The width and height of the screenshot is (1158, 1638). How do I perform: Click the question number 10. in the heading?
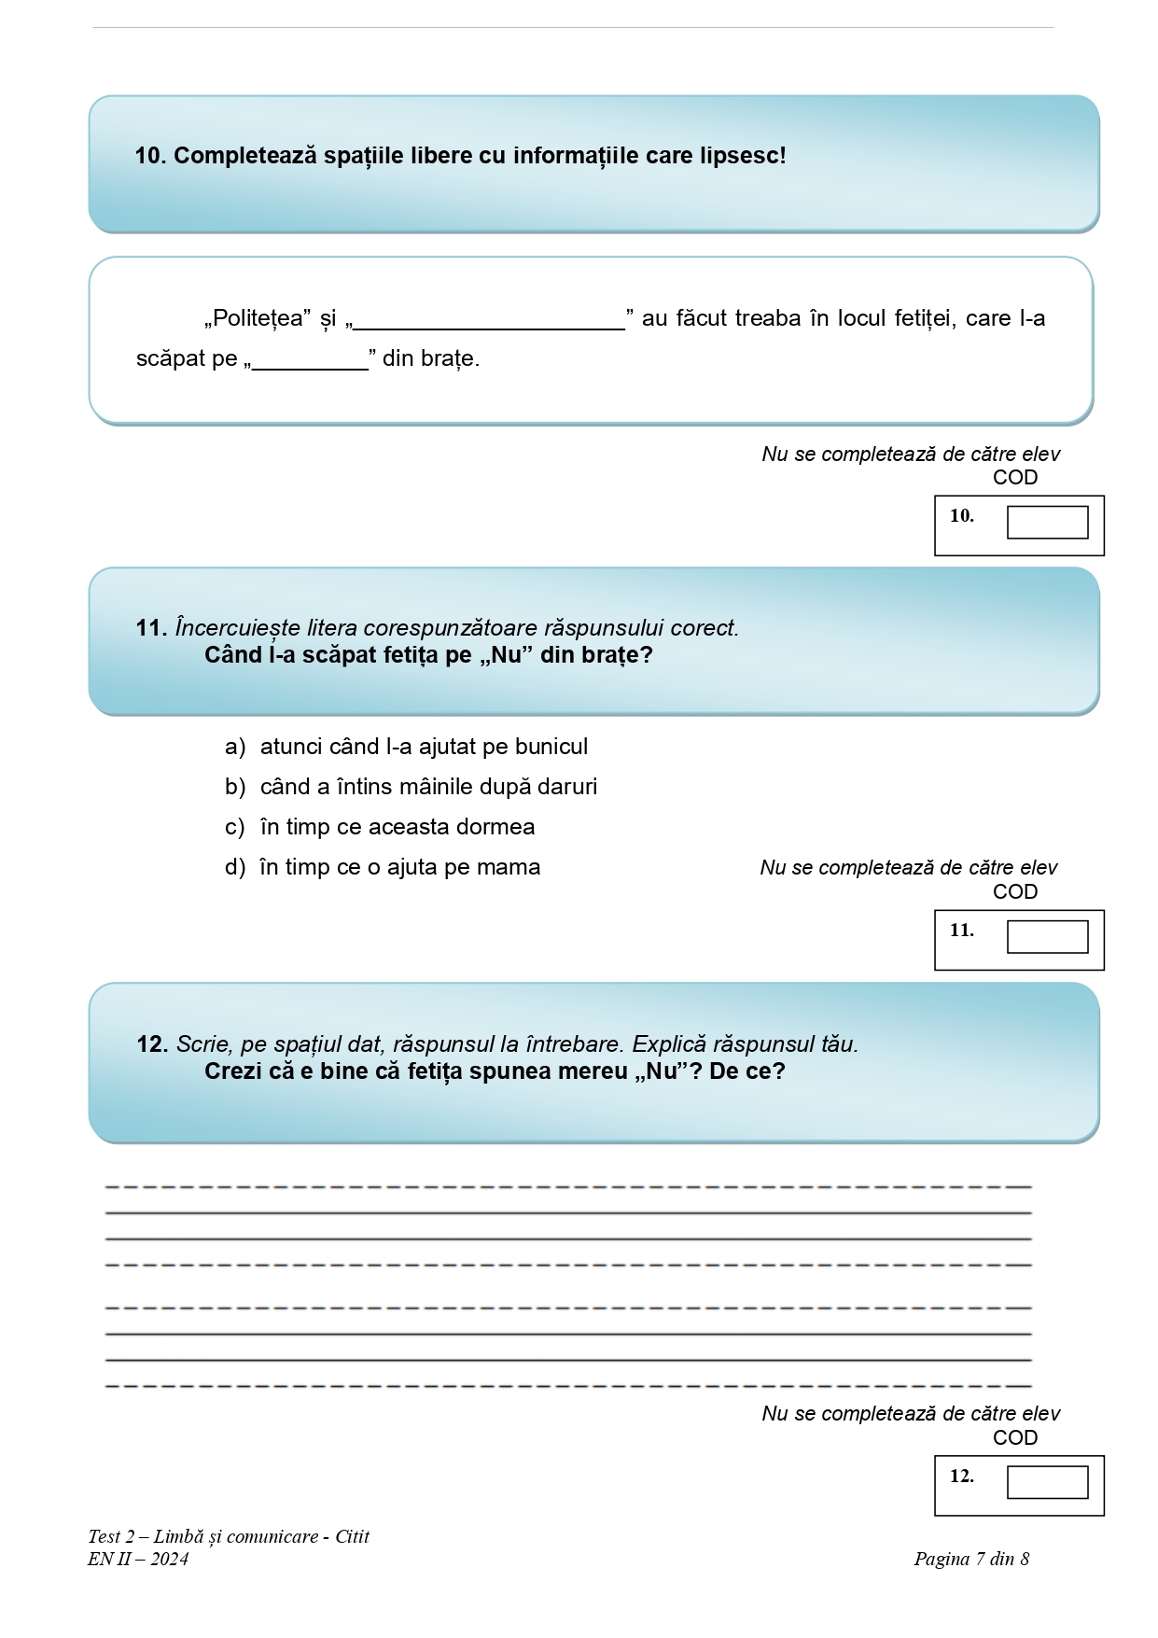coord(150,156)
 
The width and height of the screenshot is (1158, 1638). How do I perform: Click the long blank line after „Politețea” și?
coord(489,322)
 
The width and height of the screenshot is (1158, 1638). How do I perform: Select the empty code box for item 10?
coord(1047,523)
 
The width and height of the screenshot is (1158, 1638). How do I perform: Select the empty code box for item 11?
coord(1047,937)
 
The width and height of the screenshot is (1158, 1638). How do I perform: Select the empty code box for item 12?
coord(1047,1482)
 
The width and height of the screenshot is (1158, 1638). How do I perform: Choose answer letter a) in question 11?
coord(234,747)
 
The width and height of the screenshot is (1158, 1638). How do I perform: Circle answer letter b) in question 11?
coord(234,787)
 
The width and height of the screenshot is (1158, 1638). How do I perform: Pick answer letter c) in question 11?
coord(234,827)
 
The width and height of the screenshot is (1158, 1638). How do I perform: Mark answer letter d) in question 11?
coord(234,867)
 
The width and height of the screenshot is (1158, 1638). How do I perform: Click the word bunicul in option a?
coord(551,747)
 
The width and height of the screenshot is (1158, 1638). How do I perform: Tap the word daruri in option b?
coord(566,787)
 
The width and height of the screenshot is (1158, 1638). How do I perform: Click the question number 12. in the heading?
coord(152,1044)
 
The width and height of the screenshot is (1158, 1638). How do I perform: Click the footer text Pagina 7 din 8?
coord(971,1559)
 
